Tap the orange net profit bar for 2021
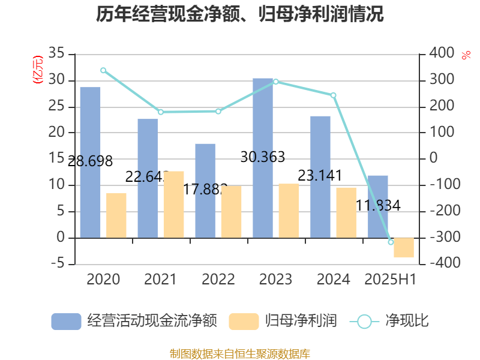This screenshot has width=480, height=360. click(174, 204)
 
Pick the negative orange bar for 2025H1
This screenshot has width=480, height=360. click(404, 248)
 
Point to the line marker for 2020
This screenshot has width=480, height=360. click(103, 70)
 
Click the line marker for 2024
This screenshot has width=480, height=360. click(334, 95)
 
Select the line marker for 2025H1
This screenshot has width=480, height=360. click(391, 242)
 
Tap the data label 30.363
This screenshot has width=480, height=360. click(262, 157)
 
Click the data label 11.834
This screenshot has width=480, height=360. click(378, 205)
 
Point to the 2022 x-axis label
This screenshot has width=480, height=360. click(218, 279)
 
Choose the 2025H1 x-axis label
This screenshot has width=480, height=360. click(391, 279)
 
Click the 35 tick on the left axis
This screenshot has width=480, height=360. click(56, 53)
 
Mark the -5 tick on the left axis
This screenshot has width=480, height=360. click(56, 264)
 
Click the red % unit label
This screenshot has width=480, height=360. click(466, 55)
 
